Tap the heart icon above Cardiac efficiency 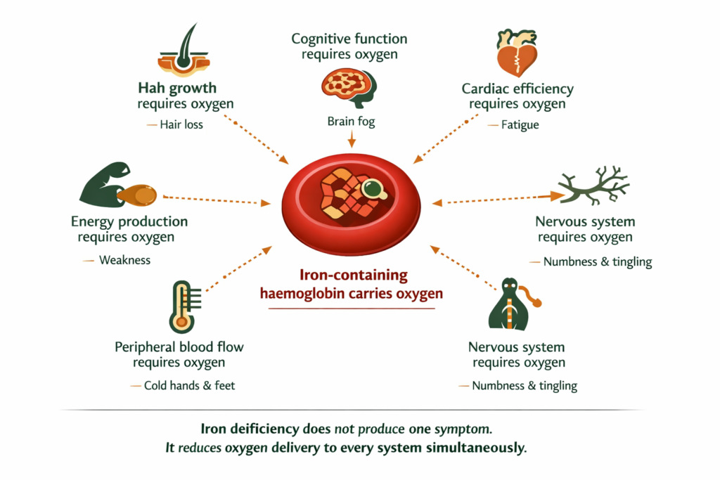517,52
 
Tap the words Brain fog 352,122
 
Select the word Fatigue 520,125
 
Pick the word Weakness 124,260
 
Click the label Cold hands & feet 189,385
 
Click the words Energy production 129,222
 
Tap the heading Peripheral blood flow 179,347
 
